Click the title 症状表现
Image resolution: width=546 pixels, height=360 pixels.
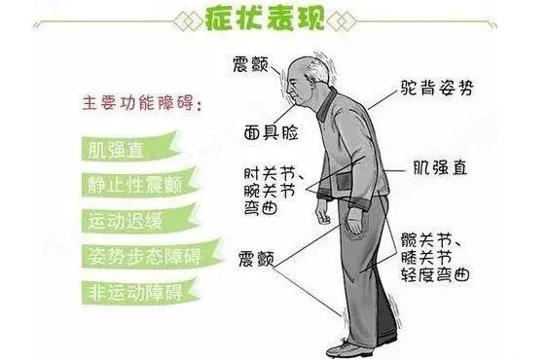tap(265, 18)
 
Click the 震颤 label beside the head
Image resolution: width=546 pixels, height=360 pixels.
tap(250, 64)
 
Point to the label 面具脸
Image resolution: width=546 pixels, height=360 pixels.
tap(271, 132)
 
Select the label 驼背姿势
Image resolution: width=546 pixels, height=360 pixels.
tap(437, 88)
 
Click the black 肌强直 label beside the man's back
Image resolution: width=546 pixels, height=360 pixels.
tap(440, 167)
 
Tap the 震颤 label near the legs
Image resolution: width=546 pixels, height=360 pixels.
tap(256, 260)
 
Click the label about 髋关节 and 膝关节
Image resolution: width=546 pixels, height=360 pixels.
tap(435, 257)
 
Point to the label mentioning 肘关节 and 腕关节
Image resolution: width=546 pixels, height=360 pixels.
tap(271, 190)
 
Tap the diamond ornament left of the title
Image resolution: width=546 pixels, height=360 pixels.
tap(189, 21)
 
